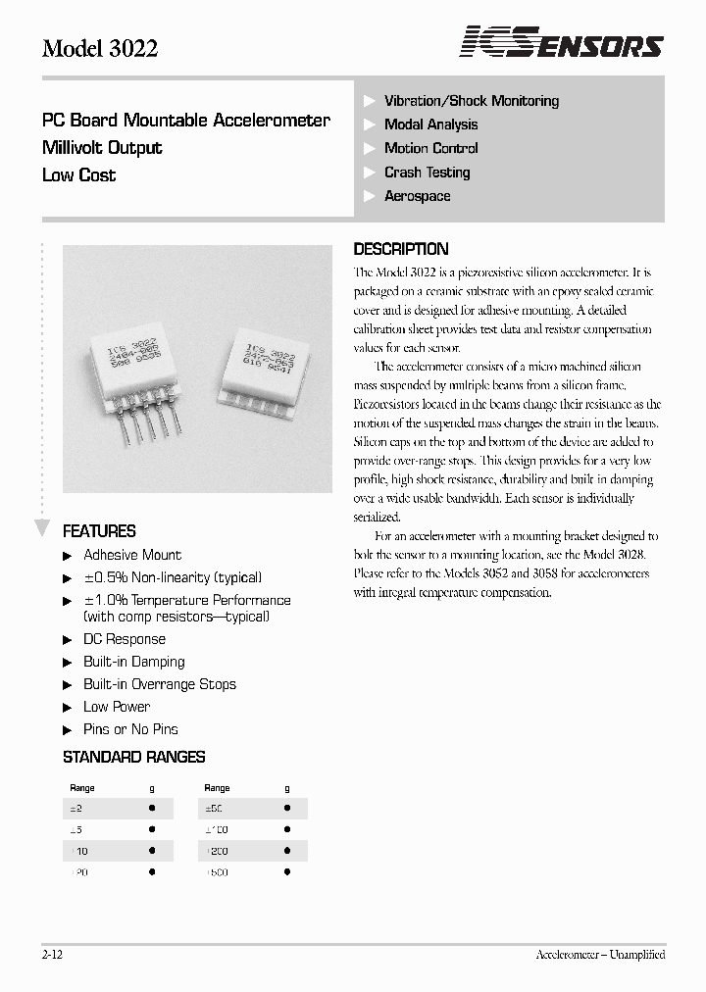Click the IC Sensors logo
pyautogui.click(x=562, y=43)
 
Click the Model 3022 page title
pyautogui.click(x=100, y=49)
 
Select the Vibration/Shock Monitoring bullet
pyautogui.click(x=471, y=101)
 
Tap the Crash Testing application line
pyautogui.click(x=427, y=173)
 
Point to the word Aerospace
pyautogui.click(x=417, y=196)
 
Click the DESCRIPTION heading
pyautogui.click(x=400, y=249)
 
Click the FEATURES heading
pyautogui.click(x=99, y=531)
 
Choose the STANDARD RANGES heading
pyautogui.click(x=133, y=757)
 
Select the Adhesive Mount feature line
pyautogui.click(x=132, y=555)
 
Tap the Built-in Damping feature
pyautogui.click(x=133, y=662)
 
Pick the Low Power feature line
pyautogui.click(x=117, y=707)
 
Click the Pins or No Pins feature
pyautogui.click(x=130, y=729)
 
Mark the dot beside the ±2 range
pyautogui.click(x=152, y=809)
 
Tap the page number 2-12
pyautogui.click(x=53, y=954)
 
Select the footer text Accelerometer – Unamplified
pyautogui.click(x=600, y=954)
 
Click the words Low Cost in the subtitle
pyautogui.click(x=78, y=175)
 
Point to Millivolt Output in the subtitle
pyautogui.click(x=102, y=148)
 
